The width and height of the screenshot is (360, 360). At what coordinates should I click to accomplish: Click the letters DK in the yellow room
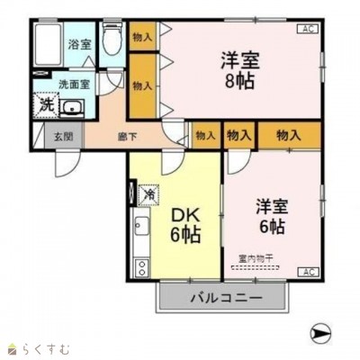pyautogui.click(x=183, y=216)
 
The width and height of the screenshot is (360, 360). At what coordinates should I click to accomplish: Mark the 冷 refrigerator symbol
pyautogui.click(x=149, y=192)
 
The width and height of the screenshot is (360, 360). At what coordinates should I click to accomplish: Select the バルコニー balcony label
pyautogui.click(x=226, y=297)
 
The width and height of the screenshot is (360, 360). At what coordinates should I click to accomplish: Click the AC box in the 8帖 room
pyautogui.click(x=308, y=29)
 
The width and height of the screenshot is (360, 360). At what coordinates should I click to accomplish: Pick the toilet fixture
pyautogui.click(x=112, y=40)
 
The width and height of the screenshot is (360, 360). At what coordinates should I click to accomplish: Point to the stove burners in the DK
pyautogui.click(x=141, y=266)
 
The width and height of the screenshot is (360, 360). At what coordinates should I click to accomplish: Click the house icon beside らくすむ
pyautogui.click(x=12, y=347)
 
